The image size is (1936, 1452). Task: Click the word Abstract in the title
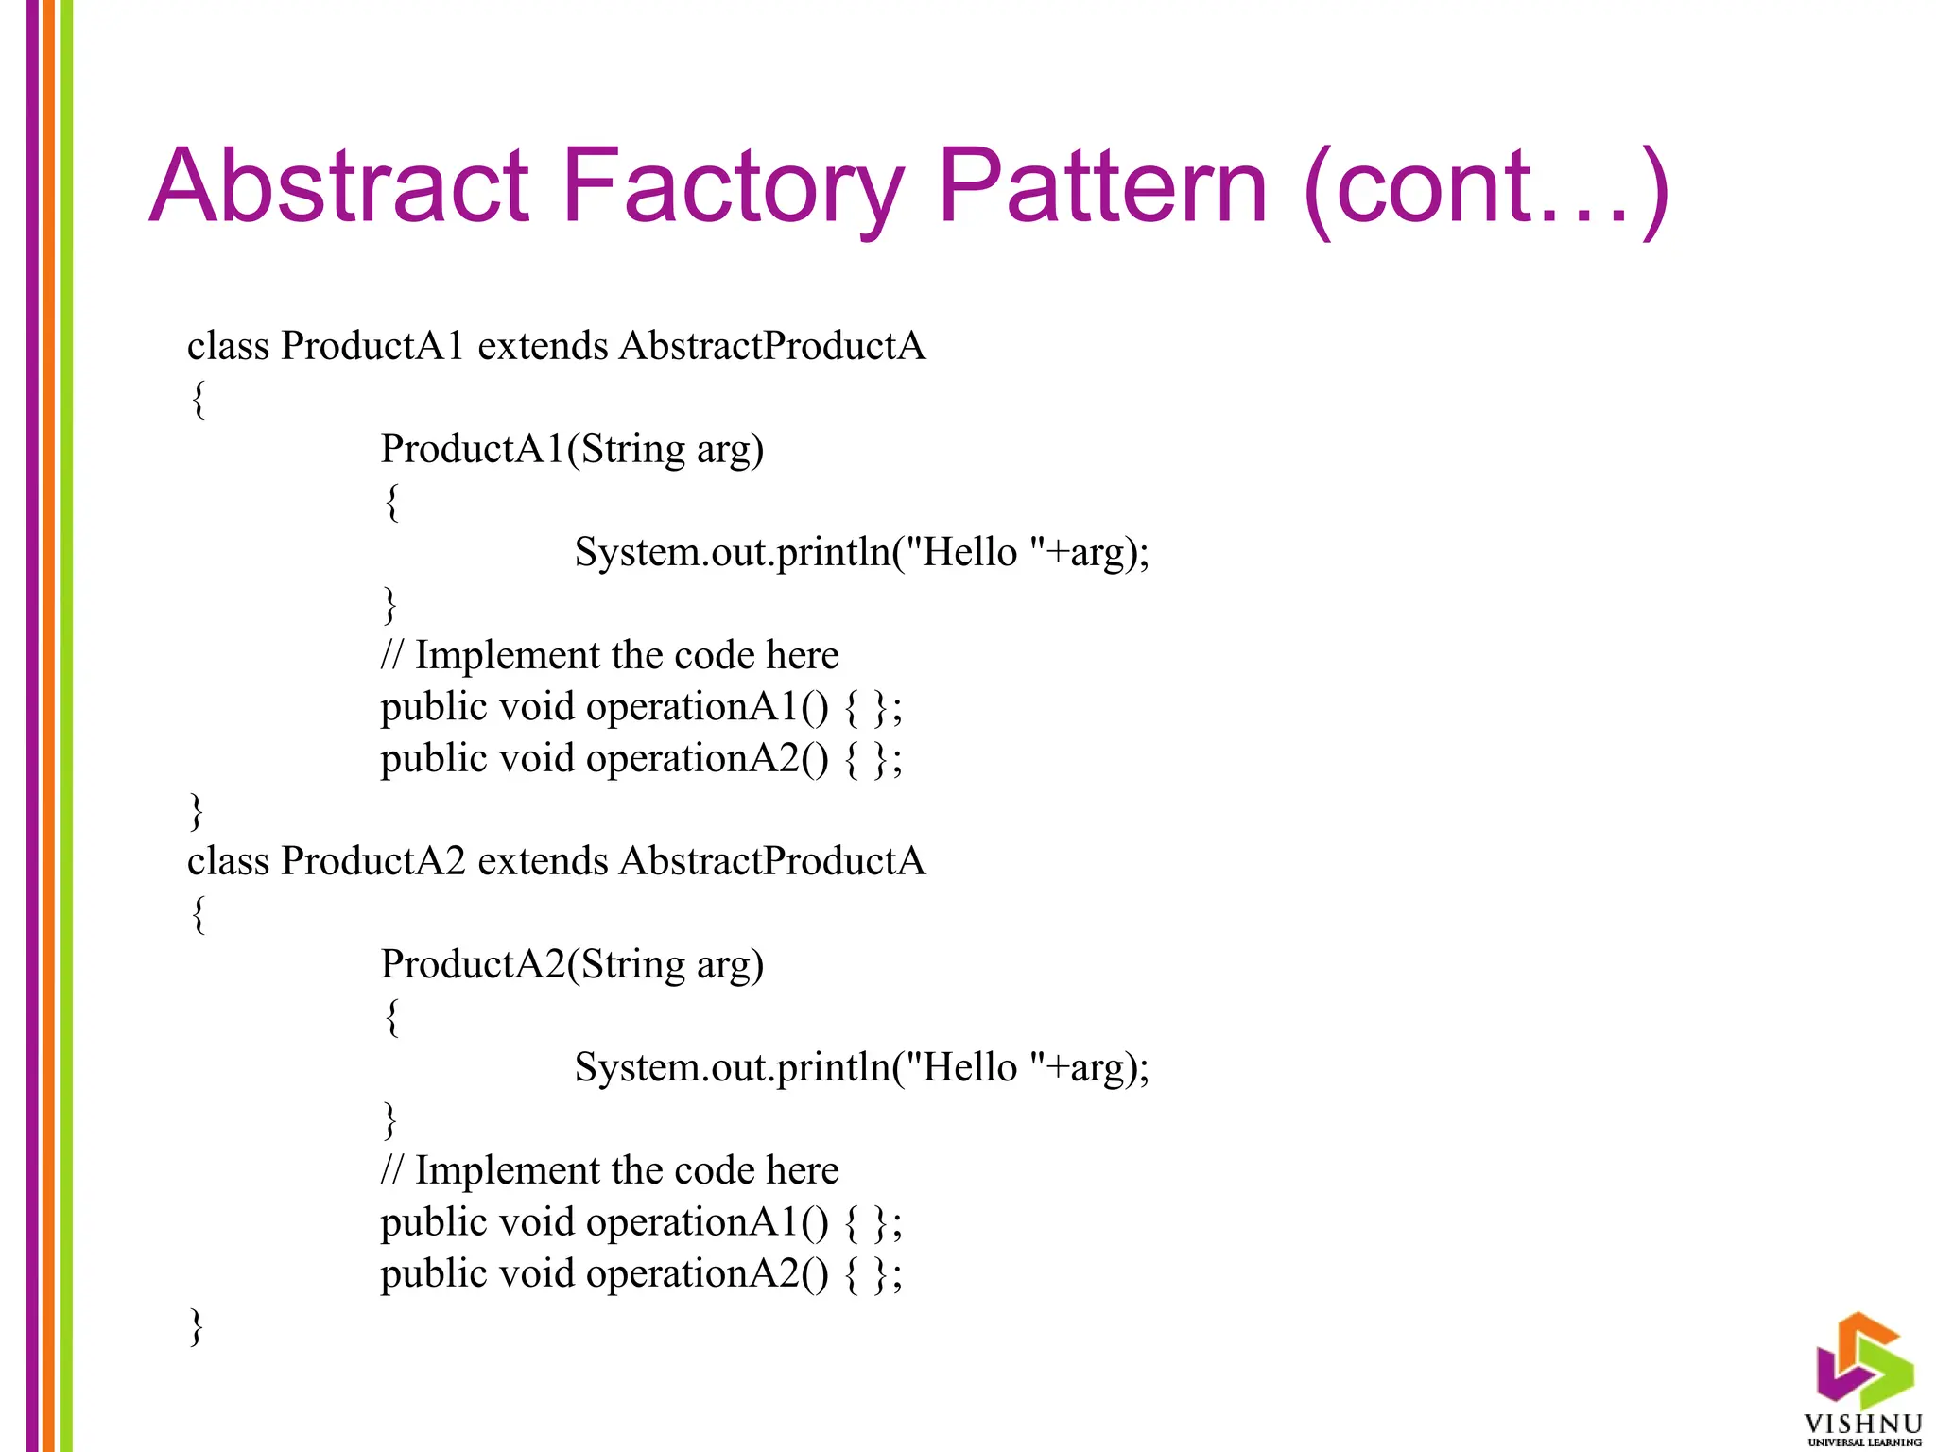pyautogui.click(x=337, y=186)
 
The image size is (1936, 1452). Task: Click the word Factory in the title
pyautogui.click(x=733, y=186)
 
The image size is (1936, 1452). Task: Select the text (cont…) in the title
pyautogui.click(x=1484, y=189)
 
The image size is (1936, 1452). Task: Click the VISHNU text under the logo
pyautogui.click(x=1863, y=1424)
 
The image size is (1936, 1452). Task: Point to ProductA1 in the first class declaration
pyautogui.click(x=372, y=346)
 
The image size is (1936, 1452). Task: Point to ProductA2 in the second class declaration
pyautogui.click(x=372, y=861)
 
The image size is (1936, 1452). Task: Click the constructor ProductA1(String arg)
pyautogui.click(x=572, y=449)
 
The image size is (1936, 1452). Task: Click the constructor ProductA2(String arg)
pyautogui.click(x=572, y=964)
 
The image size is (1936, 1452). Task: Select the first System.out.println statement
pyautogui.click(x=861, y=552)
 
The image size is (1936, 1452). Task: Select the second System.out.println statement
pyautogui.click(x=861, y=1067)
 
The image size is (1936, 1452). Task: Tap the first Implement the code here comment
pyautogui.click(x=610, y=655)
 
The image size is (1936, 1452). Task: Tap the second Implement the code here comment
pyautogui.click(x=610, y=1170)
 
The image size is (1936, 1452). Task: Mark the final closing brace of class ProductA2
pyautogui.click(x=197, y=1326)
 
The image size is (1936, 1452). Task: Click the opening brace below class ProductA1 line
pyautogui.click(x=198, y=398)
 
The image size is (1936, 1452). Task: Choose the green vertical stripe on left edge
pyautogui.click(x=66, y=726)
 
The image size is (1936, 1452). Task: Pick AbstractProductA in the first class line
pyautogui.click(x=772, y=346)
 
